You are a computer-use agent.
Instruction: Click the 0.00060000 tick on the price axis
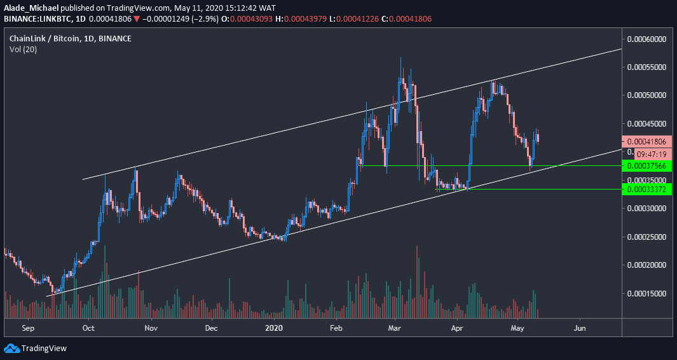(x=646, y=39)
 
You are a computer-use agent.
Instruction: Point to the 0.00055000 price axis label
(x=646, y=67)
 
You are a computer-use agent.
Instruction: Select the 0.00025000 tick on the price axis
(x=646, y=237)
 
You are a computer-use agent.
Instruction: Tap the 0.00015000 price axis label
(x=646, y=293)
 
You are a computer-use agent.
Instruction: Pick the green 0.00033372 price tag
(x=646, y=190)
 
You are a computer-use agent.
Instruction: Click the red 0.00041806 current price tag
(x=646, y=142)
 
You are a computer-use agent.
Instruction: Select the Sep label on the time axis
(x=27, y=328)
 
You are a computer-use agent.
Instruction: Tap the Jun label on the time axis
(x=580, y=328)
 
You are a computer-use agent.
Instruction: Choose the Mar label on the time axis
(x=395, y=328)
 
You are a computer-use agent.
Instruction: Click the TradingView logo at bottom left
(x=36, y=348)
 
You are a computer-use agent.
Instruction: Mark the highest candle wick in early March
(x=400, y=59)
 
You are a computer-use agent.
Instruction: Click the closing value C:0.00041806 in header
(x=409, y=19)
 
